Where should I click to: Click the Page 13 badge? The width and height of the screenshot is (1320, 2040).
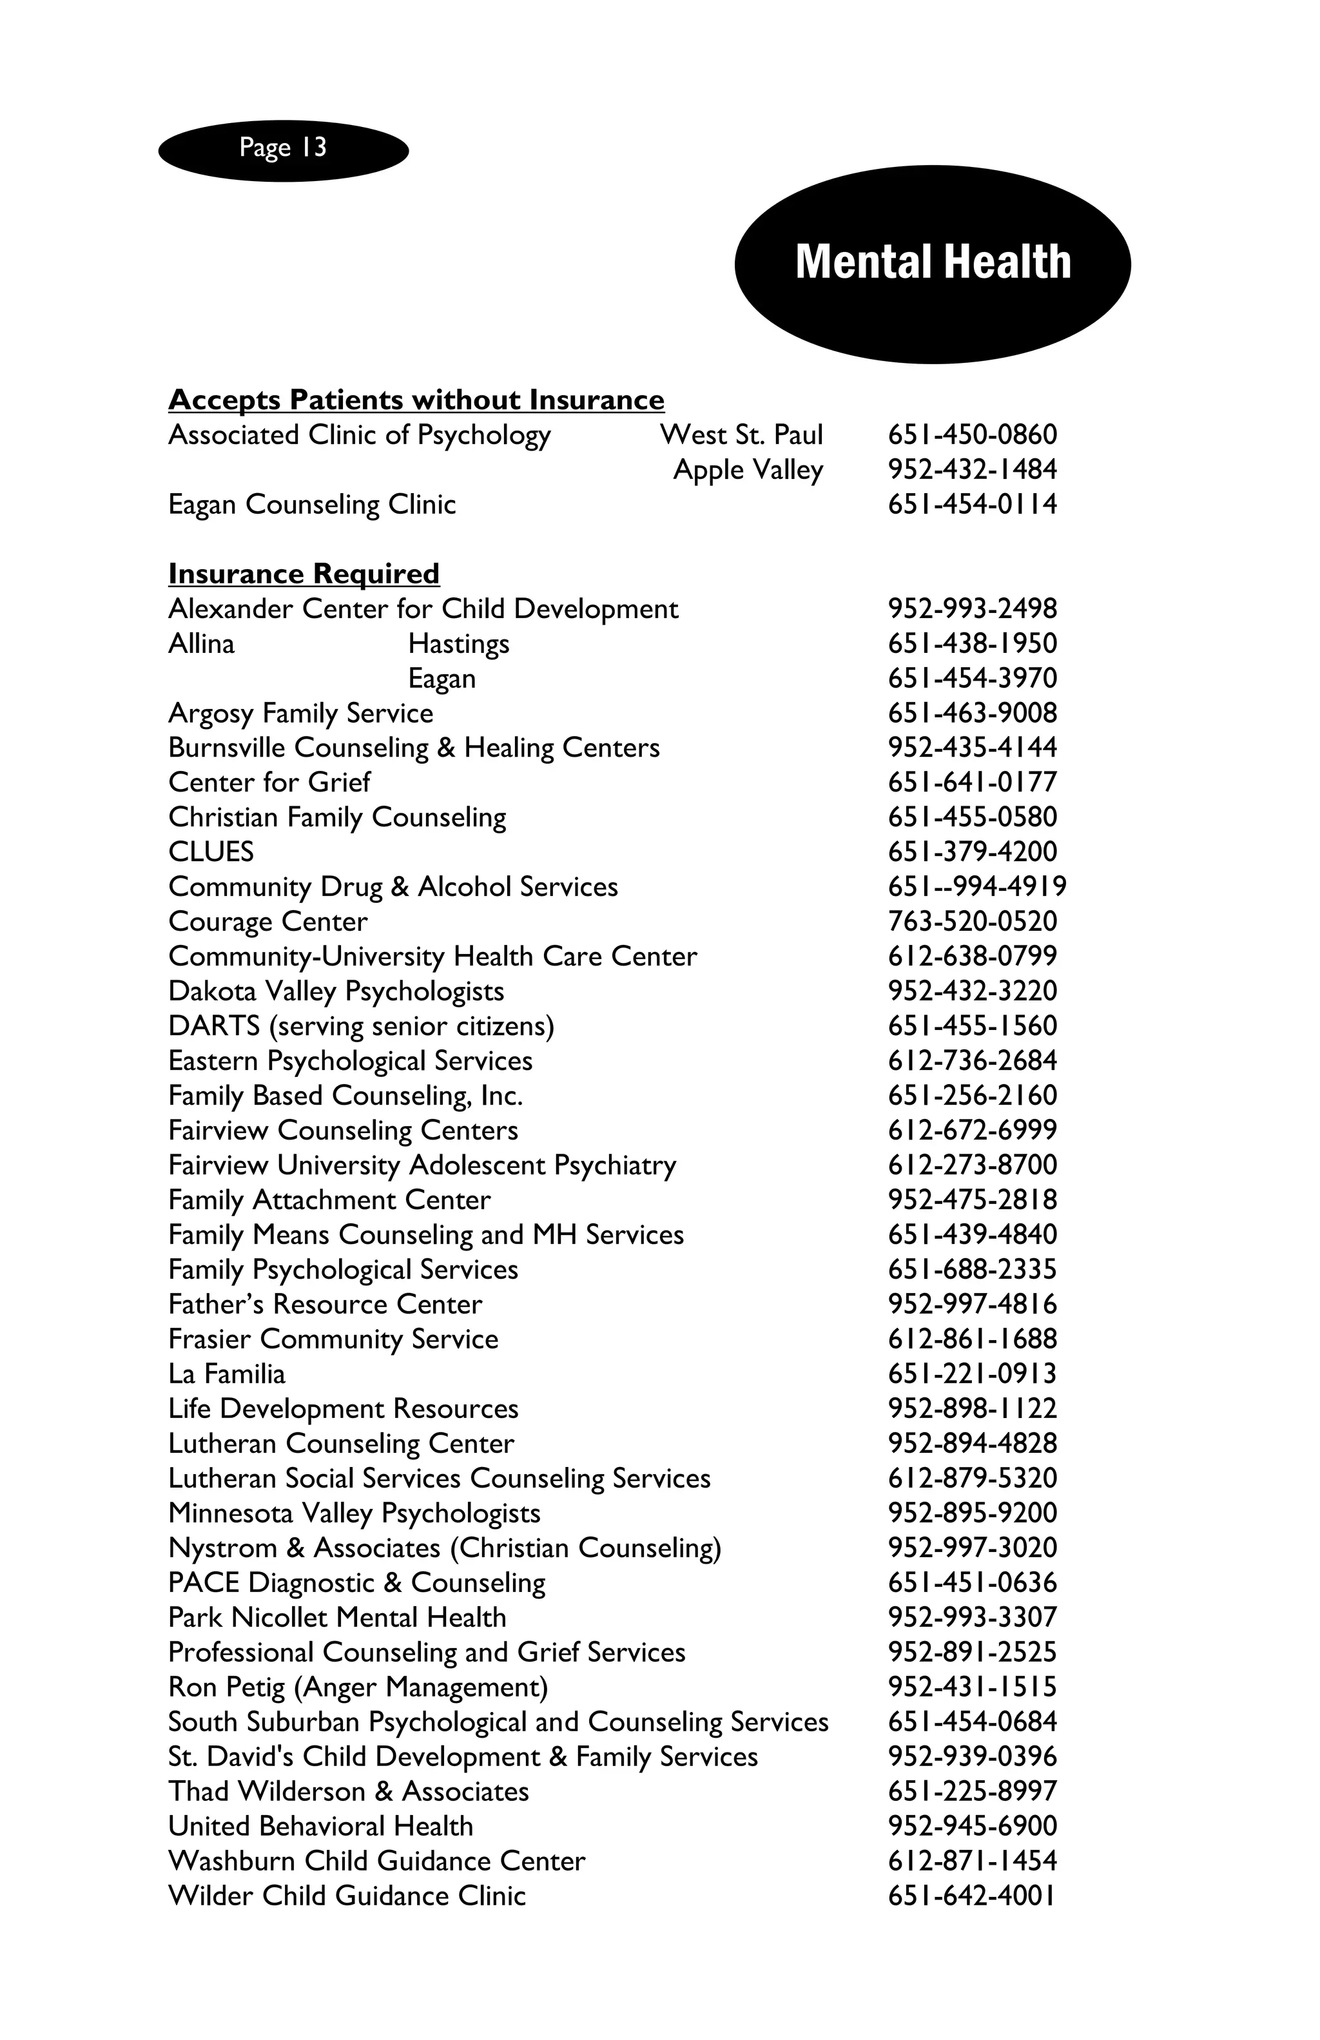[x=283, y=149]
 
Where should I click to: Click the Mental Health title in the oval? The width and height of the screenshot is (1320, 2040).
[x=933, y=262]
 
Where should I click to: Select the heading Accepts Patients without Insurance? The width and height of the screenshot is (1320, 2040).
[x=416, y=400]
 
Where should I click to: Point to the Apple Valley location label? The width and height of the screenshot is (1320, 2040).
[x=748, y=470]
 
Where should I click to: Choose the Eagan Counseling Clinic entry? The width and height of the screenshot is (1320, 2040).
[x=312, y=504]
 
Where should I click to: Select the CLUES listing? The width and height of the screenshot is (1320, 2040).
[x=211, y=851]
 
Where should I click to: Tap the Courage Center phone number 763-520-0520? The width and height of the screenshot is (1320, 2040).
[x=972, y=922]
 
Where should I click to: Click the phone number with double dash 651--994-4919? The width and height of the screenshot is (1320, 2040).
[x=976, y=886]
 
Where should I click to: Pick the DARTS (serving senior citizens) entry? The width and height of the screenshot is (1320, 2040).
[x=361, y=1026]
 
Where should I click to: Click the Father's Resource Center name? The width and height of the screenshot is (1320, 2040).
[x=325, y=1304]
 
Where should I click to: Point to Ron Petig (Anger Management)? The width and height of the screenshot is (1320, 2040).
[x=358, y=1687]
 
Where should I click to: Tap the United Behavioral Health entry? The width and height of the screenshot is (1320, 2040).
[x=320, y=1826]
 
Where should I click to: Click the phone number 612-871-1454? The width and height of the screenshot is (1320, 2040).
[x=972, y=1861]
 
